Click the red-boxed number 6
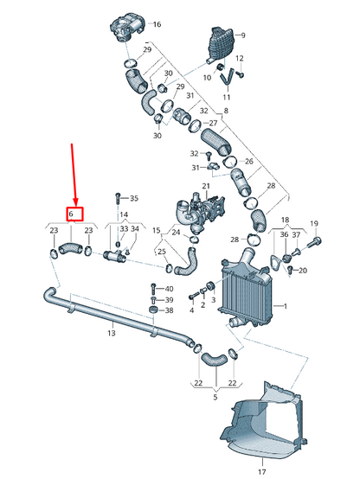coord(74,213)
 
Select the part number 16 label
coord(157,24)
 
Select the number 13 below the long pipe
coord(111,333)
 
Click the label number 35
coord(133,198)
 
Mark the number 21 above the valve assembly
coord(206,186)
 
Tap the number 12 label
coord(241,58)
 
